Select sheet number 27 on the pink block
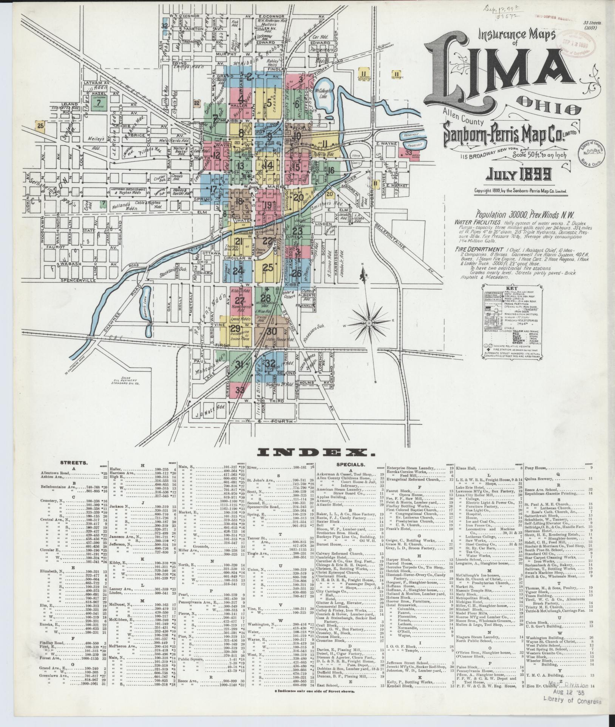point(239,301)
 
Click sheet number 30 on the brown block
point(271,332)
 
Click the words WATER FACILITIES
point(477,223)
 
